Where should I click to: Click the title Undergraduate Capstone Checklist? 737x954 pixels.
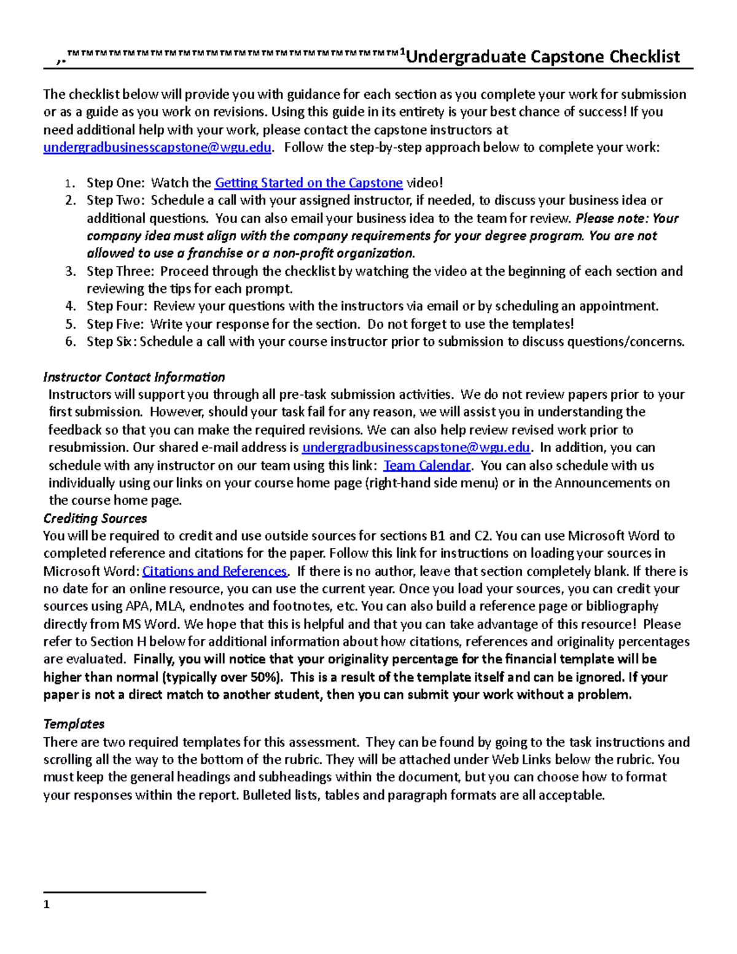tap(543, 57)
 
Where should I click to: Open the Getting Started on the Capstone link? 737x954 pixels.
tap(308, 183)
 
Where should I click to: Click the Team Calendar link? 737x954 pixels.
tap(427, 466)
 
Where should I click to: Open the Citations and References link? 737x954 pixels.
tap(214, 571)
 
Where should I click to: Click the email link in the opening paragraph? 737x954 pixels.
tap(157, 148)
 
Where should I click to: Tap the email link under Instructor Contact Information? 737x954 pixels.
tap(416, 448)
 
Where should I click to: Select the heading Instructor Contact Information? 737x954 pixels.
tap(134, 377)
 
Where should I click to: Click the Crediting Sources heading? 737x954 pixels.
tap(95, 518)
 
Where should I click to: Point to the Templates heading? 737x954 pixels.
tap(74, 724)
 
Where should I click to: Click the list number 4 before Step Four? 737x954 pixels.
tap(71, 307)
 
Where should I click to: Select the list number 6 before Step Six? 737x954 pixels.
tap(71, 342)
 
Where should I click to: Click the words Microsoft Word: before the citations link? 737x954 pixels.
tap(92, 571)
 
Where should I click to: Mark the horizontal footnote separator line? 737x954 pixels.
tap(125, 892)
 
